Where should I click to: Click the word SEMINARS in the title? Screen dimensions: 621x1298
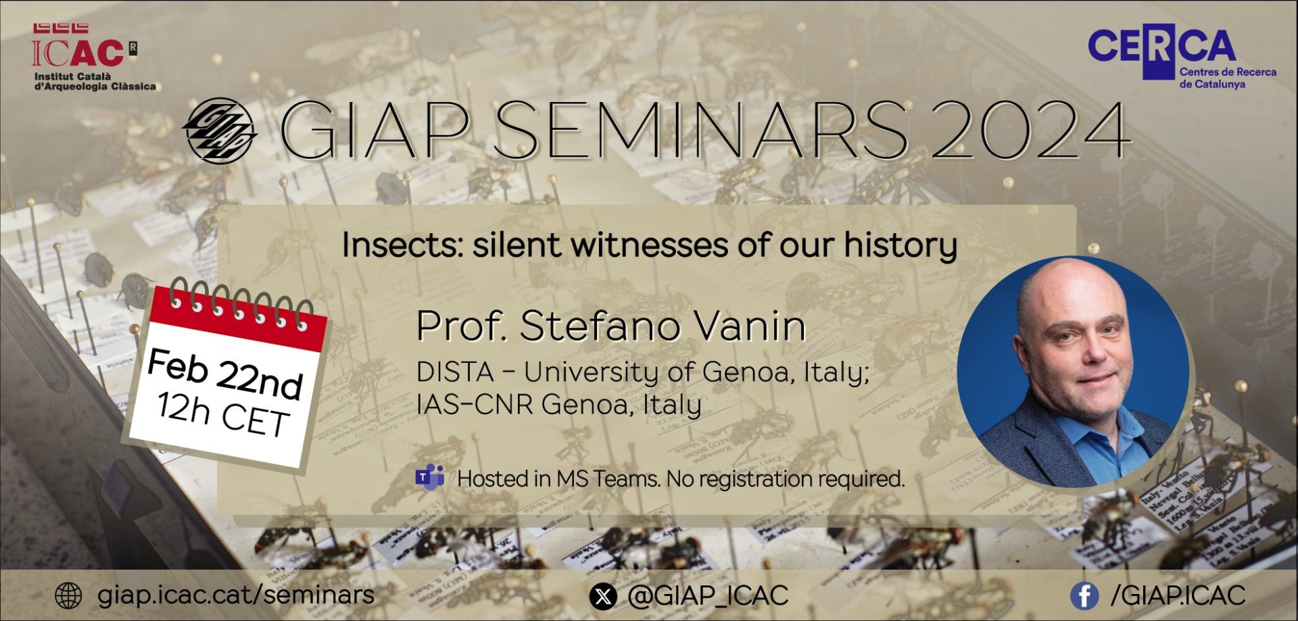click(x=700, y=130)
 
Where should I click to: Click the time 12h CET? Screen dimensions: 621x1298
click(x=222, y=413)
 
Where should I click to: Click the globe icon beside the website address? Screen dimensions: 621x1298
click(x=68, y=595)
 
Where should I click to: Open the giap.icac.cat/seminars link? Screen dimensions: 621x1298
click(x=236, y=595)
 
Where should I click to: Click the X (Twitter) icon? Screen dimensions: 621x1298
click(x=603, y=596)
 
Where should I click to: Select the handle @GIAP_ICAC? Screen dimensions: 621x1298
click(x=708, y=595)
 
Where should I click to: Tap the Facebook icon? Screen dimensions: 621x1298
click(x=1084, y=596)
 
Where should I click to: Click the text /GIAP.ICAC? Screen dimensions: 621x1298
click(x=1178, y=595)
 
